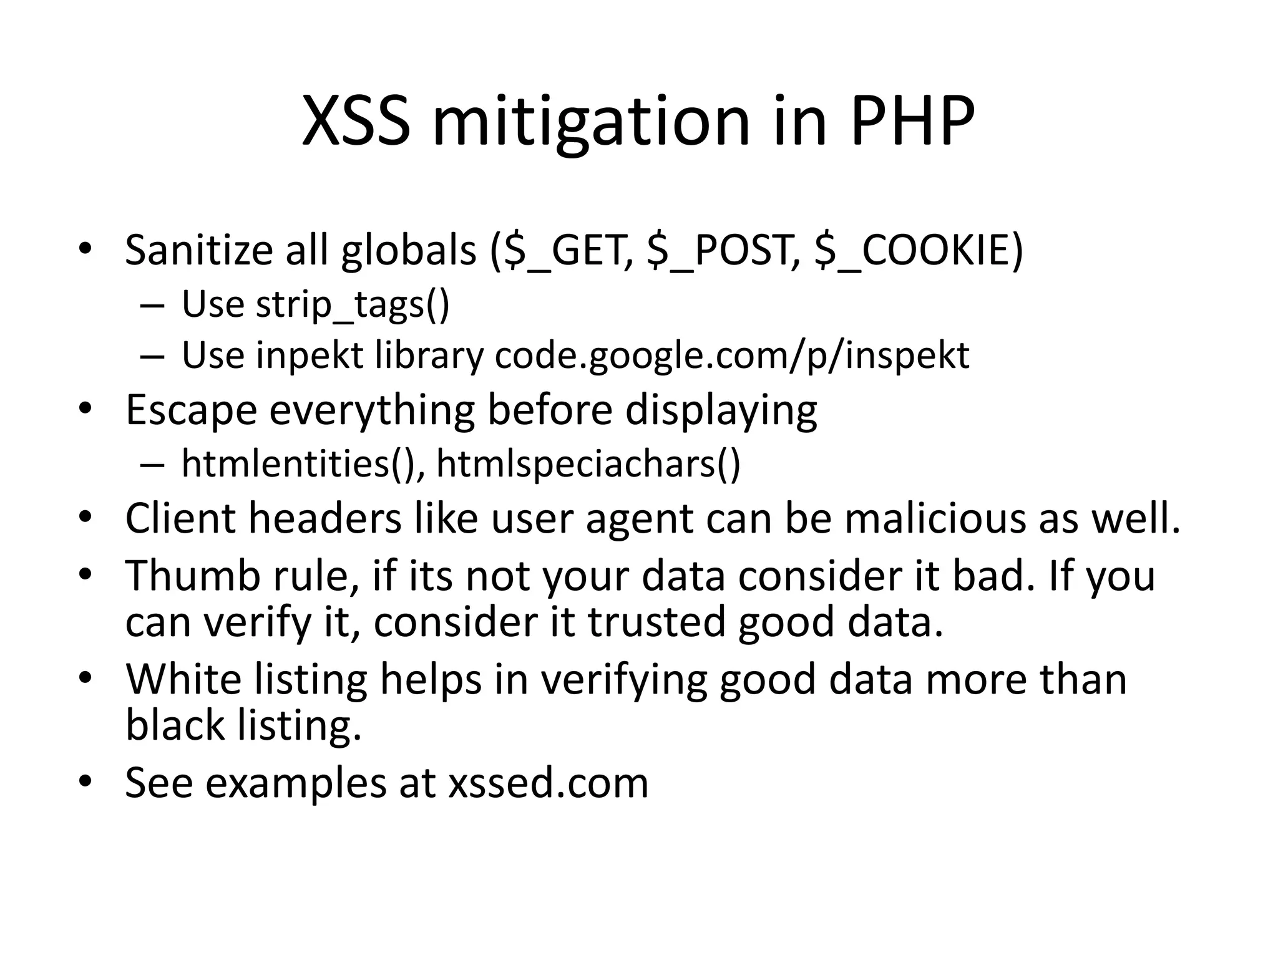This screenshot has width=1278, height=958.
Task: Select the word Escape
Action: click(191, 410)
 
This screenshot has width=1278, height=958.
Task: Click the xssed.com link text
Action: click(549, 783)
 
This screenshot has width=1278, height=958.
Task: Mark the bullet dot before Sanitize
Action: click(85, 250)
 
